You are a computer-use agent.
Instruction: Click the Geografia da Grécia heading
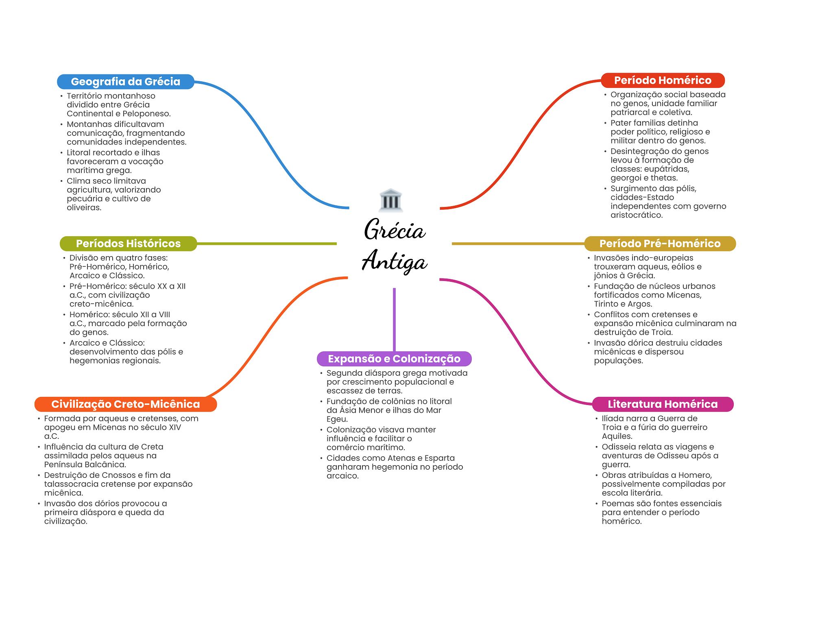point(126,82)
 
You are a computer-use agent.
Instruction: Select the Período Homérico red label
point(663,81)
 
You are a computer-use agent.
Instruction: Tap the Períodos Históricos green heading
point(128,244)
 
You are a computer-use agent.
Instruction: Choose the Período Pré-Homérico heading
point(660,244)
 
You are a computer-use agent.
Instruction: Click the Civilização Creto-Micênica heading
point(126,404)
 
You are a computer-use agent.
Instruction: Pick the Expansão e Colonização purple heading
point(394,359)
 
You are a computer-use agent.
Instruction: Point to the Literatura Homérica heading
point(663,404)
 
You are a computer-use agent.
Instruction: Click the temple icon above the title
point(390,200)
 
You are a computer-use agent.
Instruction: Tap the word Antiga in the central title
point(395,261)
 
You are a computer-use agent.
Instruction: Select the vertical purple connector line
point(394,320)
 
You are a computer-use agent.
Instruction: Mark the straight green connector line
point(267,244)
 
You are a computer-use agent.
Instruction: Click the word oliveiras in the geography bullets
point(84,207)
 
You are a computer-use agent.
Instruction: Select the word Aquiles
point(617,436)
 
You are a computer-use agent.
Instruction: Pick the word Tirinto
point(607,304)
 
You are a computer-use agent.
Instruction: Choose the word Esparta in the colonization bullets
point(440,458)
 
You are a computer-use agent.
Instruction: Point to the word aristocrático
point(637,215)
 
